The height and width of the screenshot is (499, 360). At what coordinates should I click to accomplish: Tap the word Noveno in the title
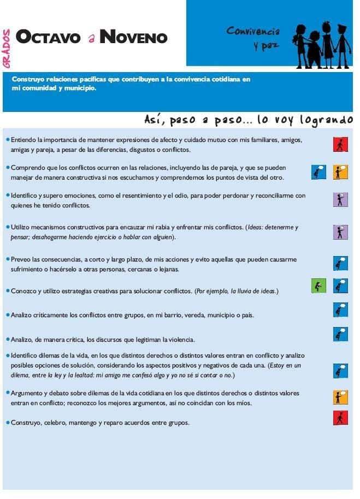coord(133,37)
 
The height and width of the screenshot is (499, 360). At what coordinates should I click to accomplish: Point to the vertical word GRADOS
coord(7,49)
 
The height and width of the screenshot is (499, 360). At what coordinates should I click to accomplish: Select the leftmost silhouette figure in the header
coord(300,43)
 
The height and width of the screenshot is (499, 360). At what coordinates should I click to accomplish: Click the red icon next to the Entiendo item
coord(340,144)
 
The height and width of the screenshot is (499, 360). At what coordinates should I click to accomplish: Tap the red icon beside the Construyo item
coord(340,418)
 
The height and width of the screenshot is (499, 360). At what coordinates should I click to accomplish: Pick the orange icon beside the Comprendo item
coord(340,173)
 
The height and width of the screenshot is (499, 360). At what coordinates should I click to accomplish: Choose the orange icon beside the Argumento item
coord(340,397)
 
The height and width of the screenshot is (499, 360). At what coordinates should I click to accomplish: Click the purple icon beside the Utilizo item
coord(340,232)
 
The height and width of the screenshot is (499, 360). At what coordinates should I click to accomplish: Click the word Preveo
coord(21,259)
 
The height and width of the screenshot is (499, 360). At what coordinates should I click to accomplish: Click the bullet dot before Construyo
coord(7,422)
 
